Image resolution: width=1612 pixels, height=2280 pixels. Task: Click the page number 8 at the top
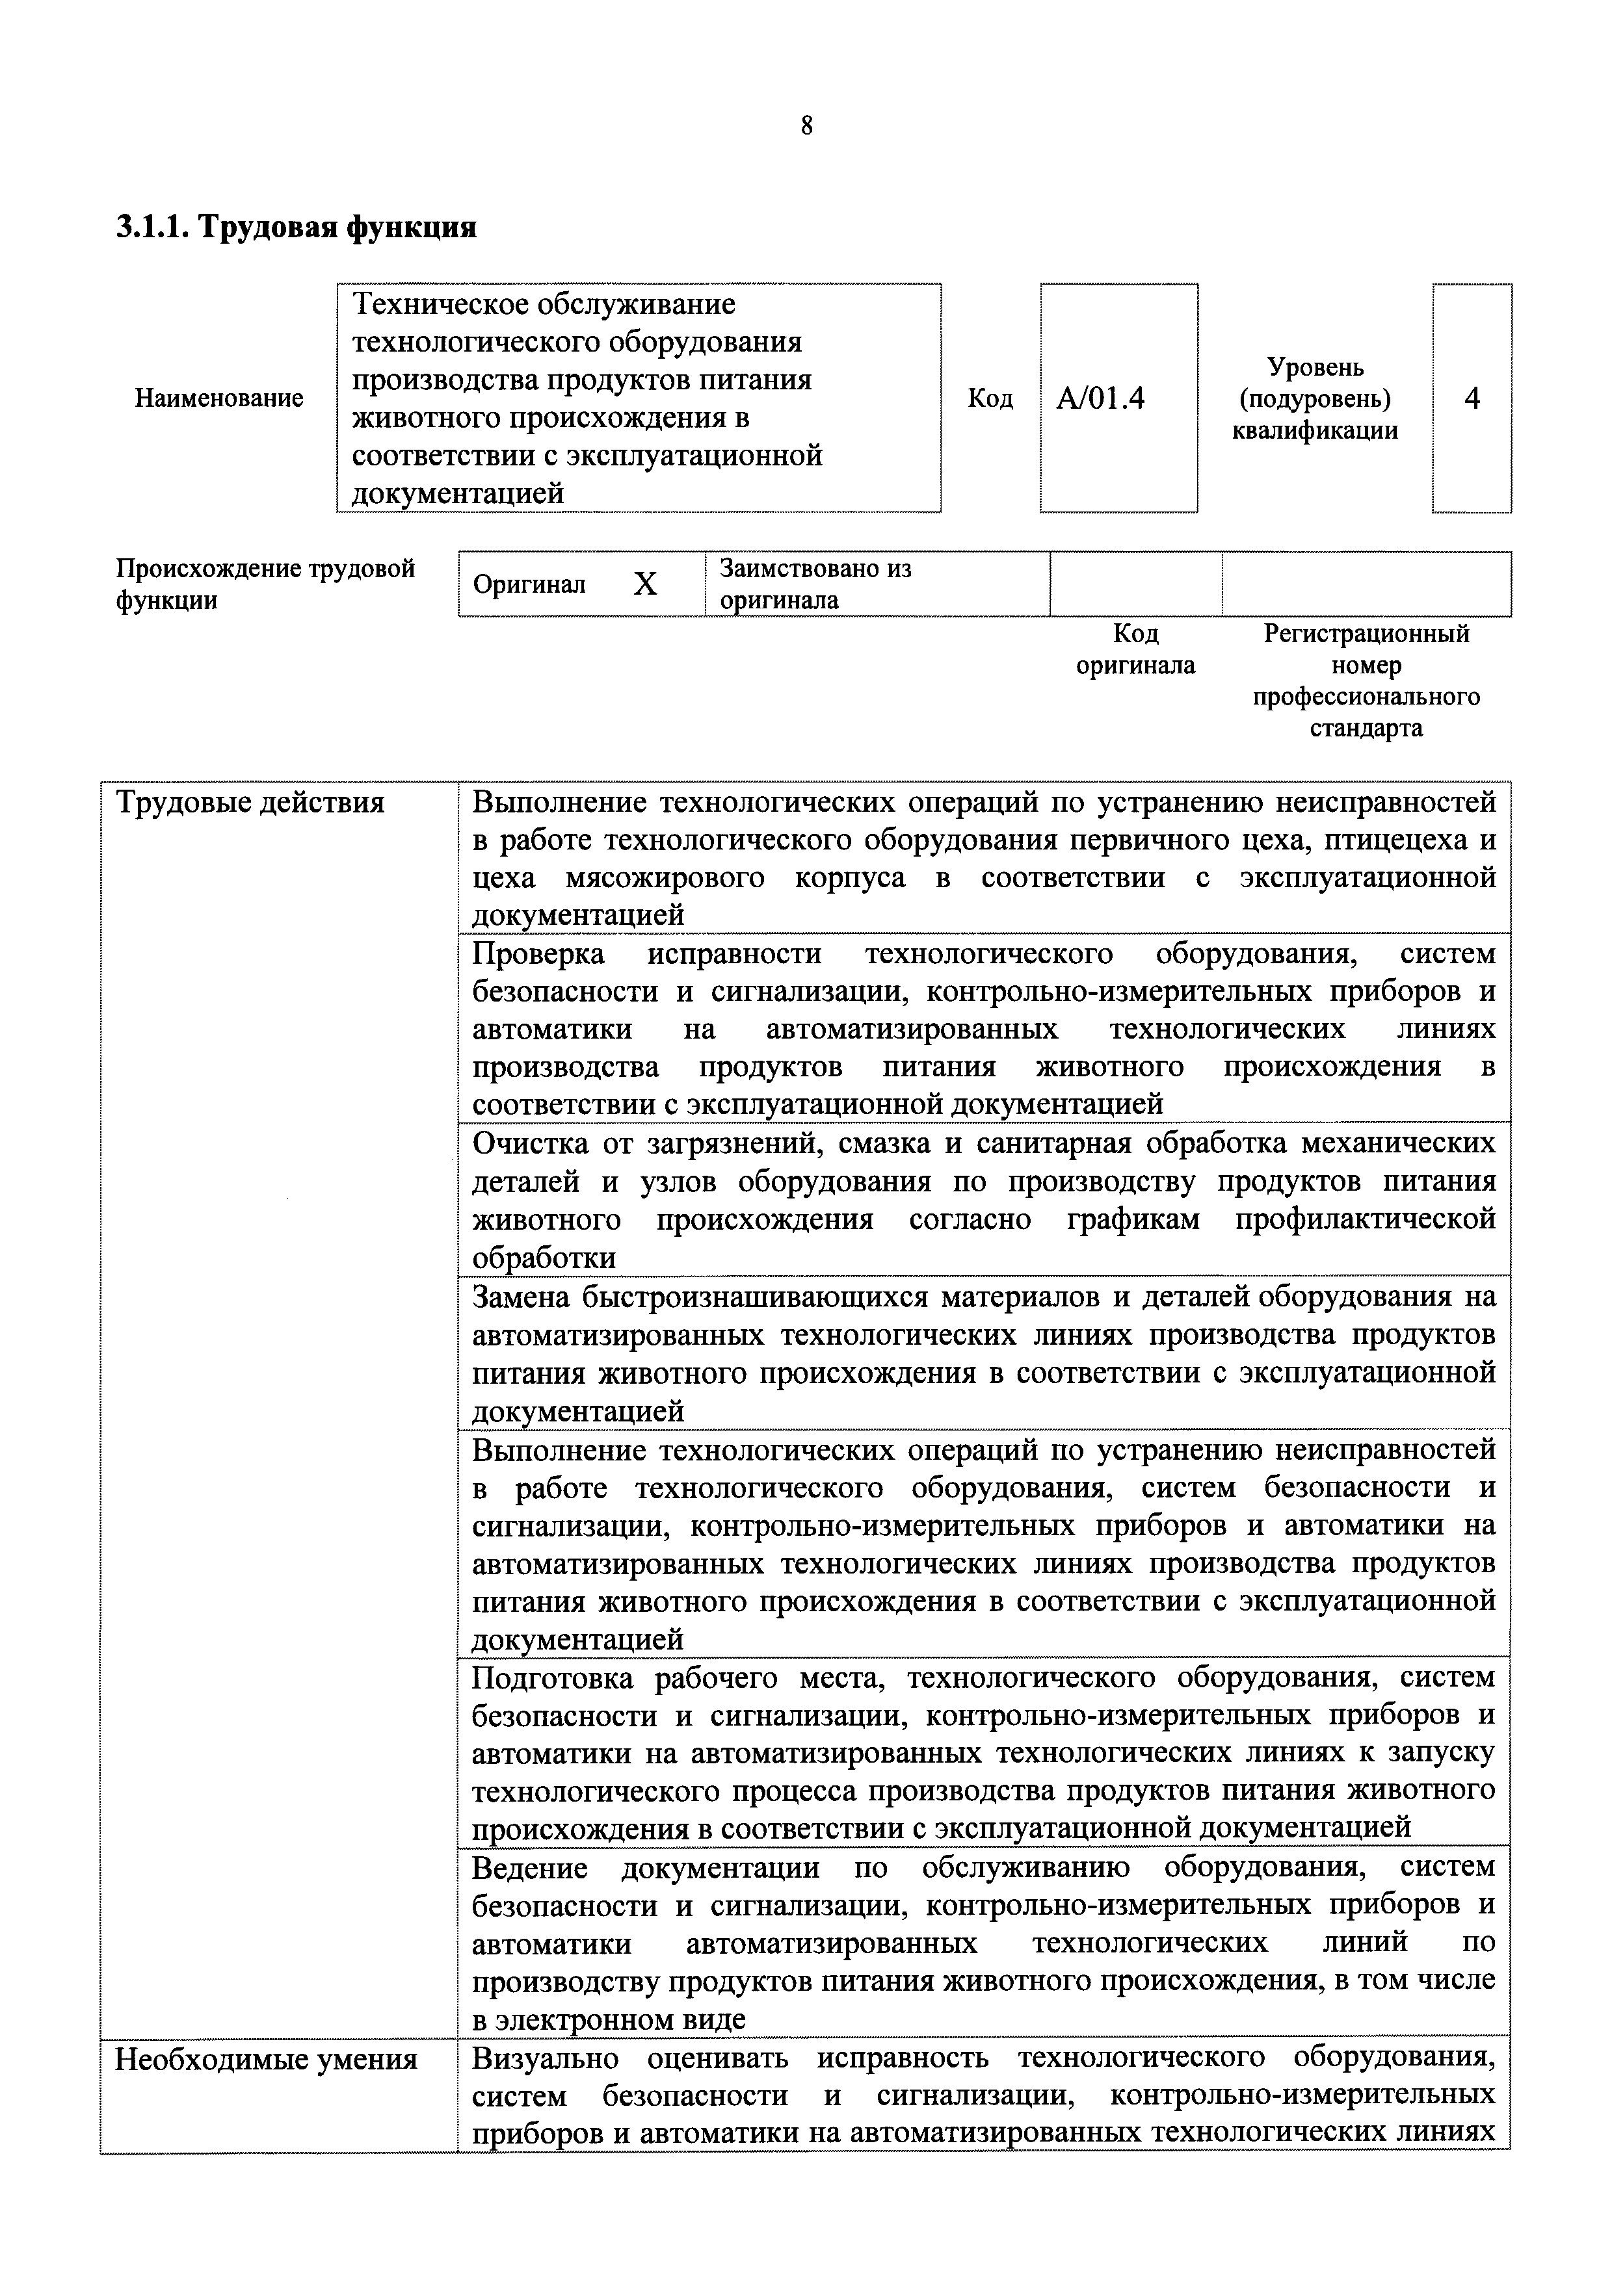(x=806, y=126)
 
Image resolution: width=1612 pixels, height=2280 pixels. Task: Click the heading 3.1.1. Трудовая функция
(x=296, y=227)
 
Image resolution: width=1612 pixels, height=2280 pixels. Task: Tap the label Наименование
(x=218, y=398)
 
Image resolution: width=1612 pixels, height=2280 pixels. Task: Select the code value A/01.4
(x=1100, y=398)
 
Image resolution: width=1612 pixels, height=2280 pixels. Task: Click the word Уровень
(x=1314, y=367)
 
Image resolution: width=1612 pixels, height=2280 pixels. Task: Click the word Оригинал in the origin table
(x=529, y=584)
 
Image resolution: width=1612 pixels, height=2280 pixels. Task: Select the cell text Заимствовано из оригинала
(x=814, y=584)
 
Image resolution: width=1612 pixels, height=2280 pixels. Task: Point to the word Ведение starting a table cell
(x=529, y=1869)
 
